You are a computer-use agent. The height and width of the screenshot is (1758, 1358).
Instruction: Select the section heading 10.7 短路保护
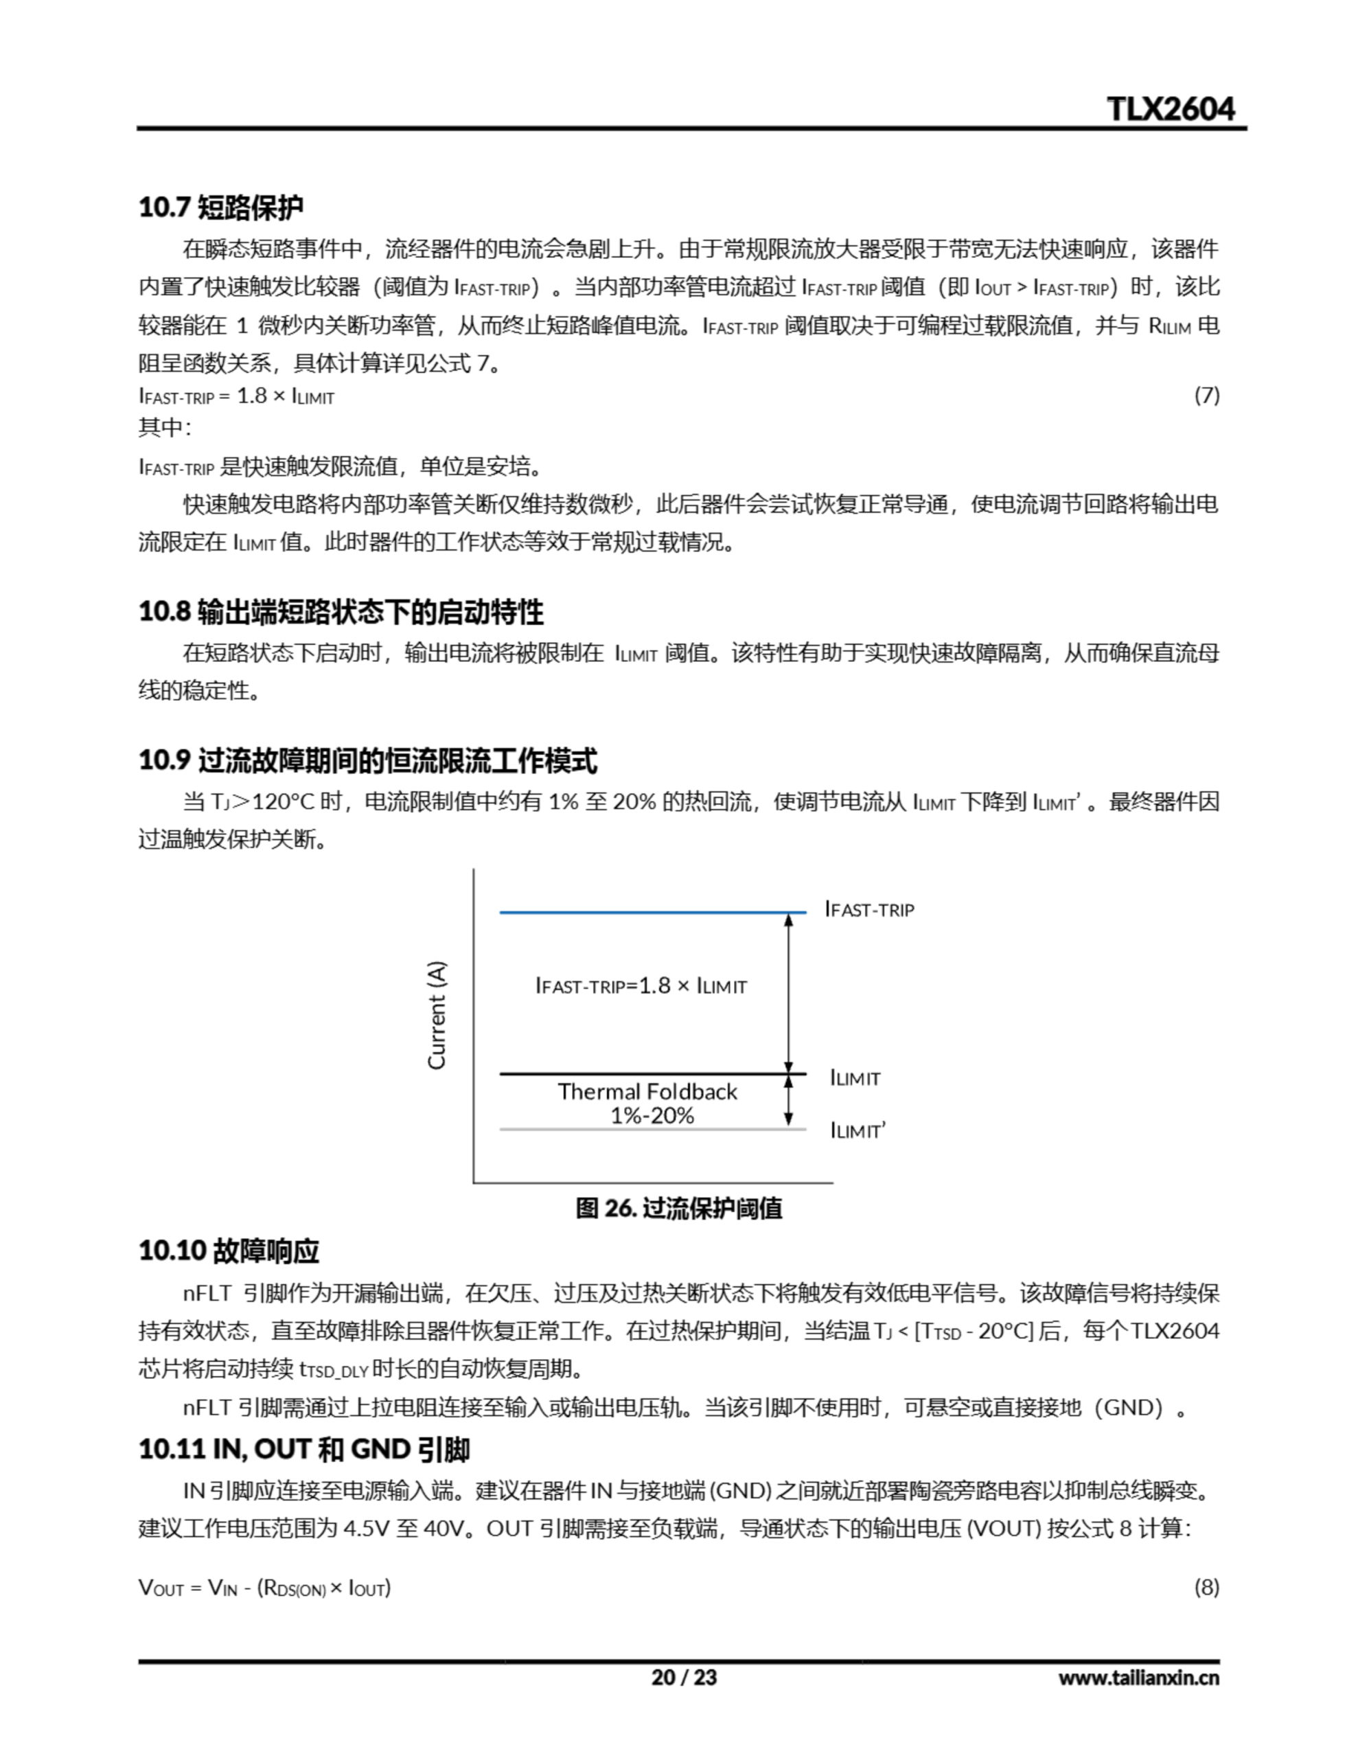(220, 207)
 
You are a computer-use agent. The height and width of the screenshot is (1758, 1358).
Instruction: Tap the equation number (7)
(1206, 396)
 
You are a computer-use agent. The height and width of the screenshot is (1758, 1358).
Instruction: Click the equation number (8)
(1206, 1588)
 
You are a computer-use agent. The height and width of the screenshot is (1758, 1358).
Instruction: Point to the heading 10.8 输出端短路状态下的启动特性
(341, 612)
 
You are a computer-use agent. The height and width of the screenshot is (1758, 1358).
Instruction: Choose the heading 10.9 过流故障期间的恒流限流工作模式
(368, 760)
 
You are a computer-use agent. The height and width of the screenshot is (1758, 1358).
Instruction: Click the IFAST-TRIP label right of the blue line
(869, 910)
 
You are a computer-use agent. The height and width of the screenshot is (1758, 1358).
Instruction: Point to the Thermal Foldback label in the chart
(647, 1091)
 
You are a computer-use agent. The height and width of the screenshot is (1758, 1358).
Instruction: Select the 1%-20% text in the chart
(652, 1116)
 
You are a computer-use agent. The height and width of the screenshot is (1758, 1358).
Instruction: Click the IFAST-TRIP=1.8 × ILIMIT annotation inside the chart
(641, 985)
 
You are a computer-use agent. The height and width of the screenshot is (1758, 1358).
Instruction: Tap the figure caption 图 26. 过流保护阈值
(678, 1208)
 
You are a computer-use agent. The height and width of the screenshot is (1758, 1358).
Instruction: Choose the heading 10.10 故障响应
(229, 1251)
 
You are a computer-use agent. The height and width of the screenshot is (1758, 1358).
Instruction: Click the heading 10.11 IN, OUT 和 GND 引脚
(304, 1449)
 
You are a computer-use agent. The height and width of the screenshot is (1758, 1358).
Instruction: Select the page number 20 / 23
(683, 1678)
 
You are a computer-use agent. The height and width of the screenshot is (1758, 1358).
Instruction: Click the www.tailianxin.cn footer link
(1138, 1678)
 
